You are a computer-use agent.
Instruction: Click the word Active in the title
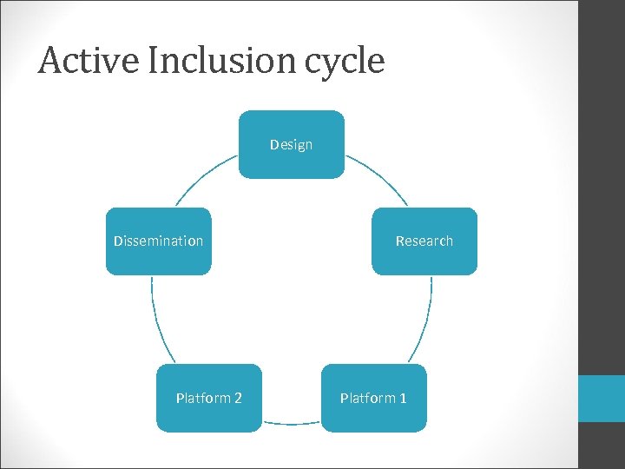[x=79, y=61]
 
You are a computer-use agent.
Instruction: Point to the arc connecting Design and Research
[x=378, y=178]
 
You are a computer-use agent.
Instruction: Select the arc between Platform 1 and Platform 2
[x=291, y=423]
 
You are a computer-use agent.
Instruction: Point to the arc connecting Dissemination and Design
[x=203, y=178]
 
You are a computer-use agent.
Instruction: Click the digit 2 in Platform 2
[x=238, y=399]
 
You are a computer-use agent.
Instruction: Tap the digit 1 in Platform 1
[x=402, y=399]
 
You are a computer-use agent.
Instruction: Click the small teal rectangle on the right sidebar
[x=602, y=399]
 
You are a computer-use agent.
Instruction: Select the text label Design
[x=291, y=145]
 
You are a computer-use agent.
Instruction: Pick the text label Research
[x=424, y=241]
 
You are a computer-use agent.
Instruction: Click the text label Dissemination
[x=158, y=241]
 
